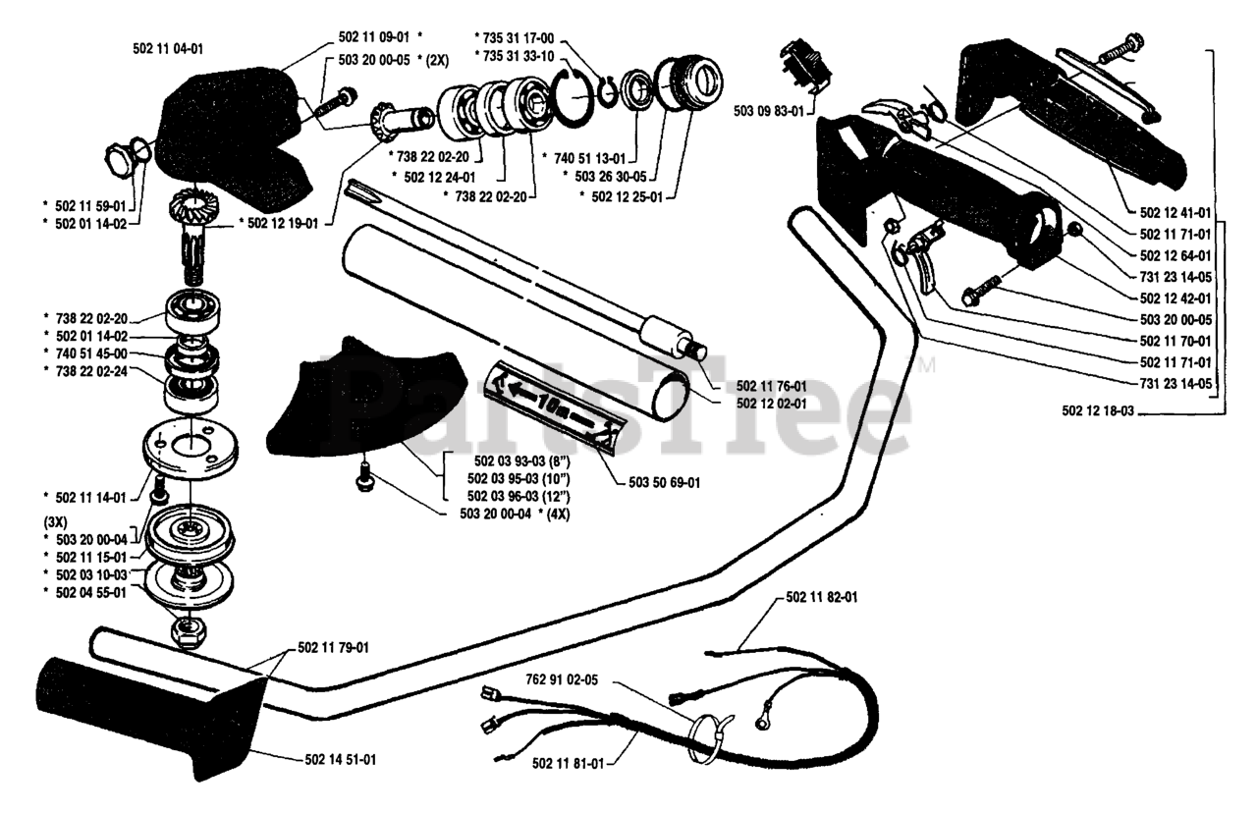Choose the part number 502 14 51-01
pyautogui.click(x=335, y=760)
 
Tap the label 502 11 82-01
pyautogui.click(x=822, y=597)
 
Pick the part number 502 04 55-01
pyautogui.click(x=90, y=593)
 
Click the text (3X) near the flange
pyautogui.click(x=57, y=520)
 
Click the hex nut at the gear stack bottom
pyautogui.click(x=187, y=631)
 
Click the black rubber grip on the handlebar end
pyautogui.click(x=147, y=715)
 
